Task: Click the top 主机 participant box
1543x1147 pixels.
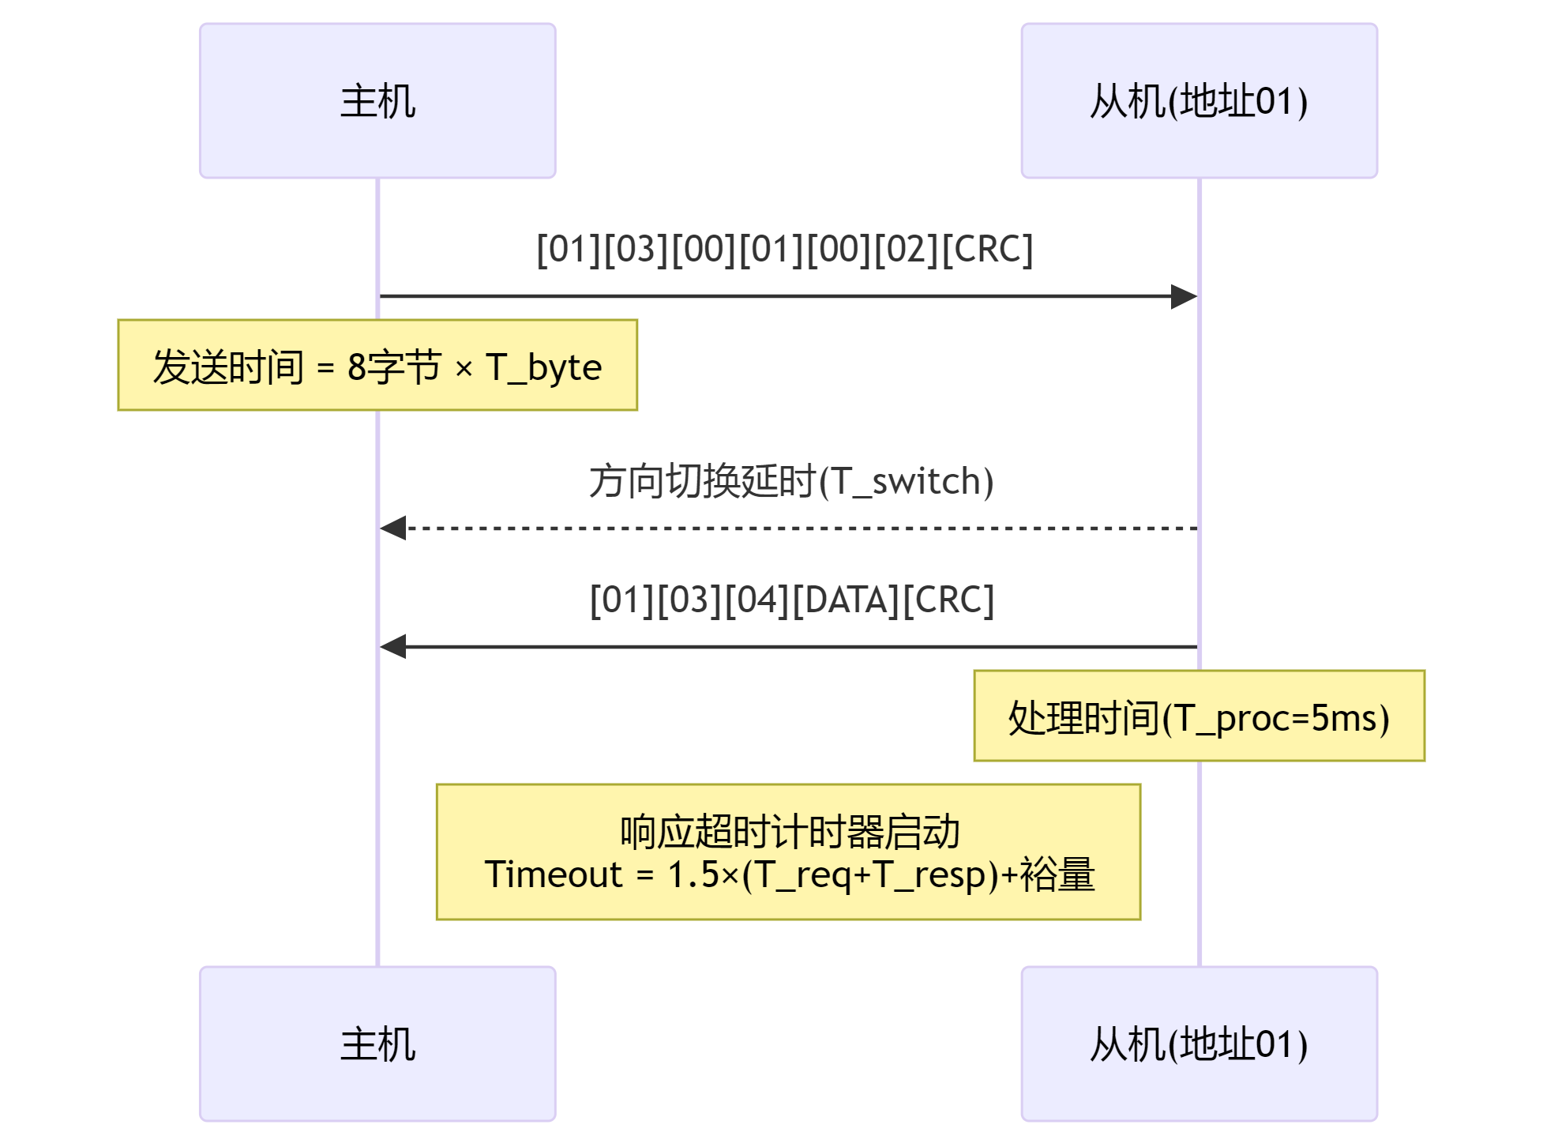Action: [x=377, y=101]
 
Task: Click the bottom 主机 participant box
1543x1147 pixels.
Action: [x=377, y=1044]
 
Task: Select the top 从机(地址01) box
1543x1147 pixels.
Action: [x=1199, y=101]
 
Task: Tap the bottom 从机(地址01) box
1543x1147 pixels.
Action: [x=1199, y=1044]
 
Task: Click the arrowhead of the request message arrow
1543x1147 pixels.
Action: [x=1184, y=297]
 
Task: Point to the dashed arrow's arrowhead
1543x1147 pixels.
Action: [x=393, y=528]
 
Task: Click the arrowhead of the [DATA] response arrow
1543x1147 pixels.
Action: [x=393, y=646]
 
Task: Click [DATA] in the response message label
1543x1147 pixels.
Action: [x=846, y=600]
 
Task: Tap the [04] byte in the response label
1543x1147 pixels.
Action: [x=757, y=600]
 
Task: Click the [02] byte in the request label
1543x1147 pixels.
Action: [x=908, y=250]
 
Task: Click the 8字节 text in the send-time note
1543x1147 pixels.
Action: [x=393, y=367]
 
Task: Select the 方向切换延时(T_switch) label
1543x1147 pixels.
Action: [x=791, y=481]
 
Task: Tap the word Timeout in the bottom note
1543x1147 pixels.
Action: [x=554, y=874]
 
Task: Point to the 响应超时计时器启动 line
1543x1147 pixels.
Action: [x=790, y=832]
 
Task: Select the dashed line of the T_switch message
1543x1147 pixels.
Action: [x=790, y=528]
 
